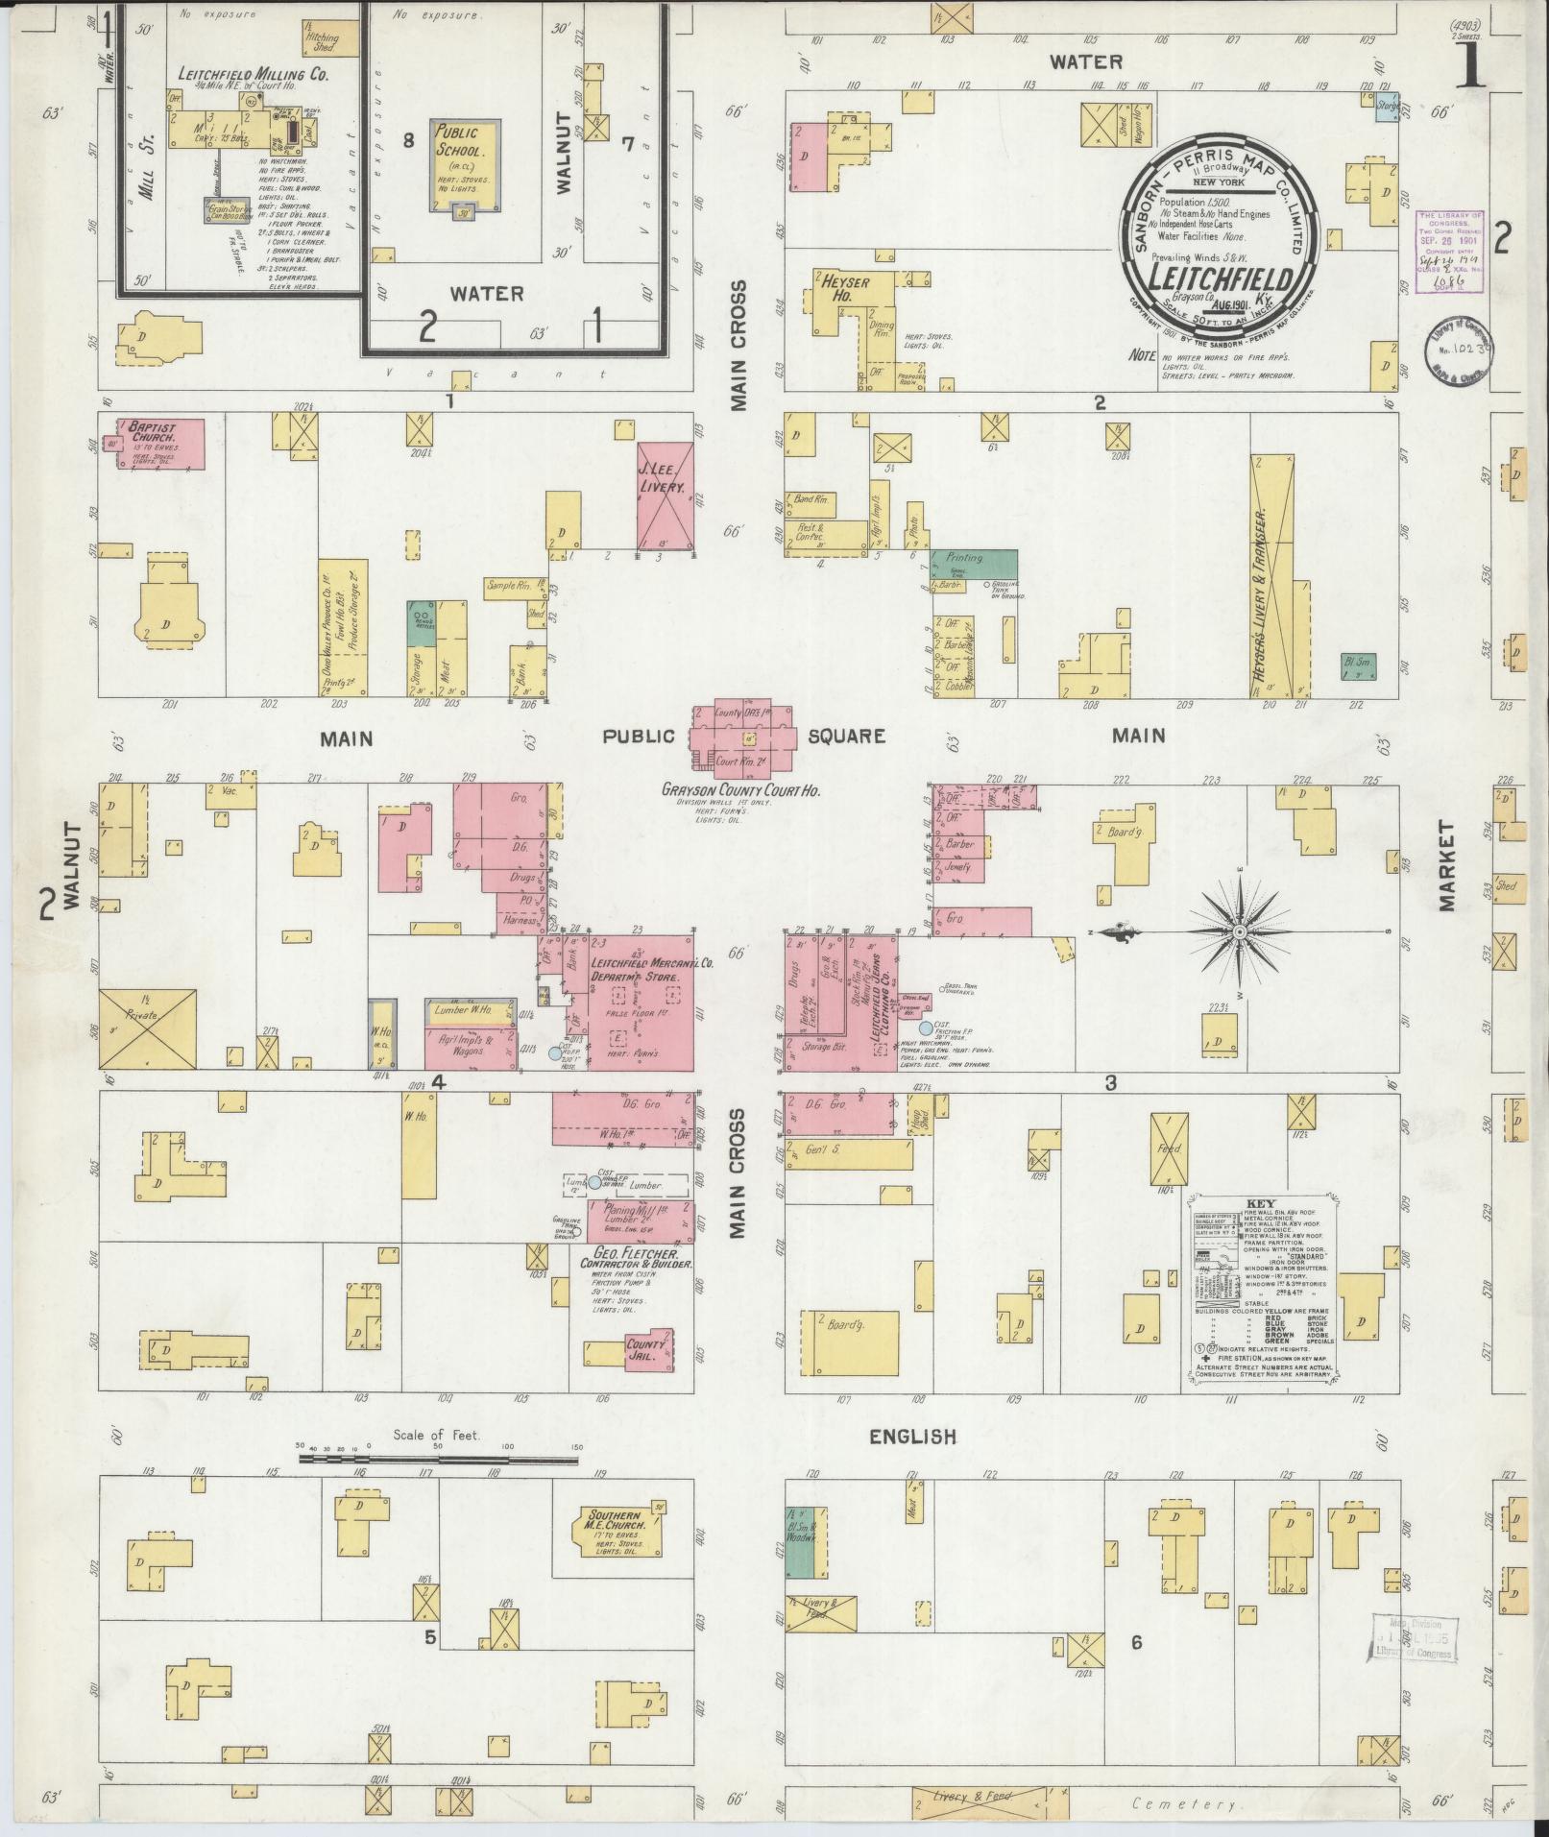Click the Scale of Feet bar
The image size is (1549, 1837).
[x=437, y=1485]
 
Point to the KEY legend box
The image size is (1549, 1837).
[x=1259, y=1293]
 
